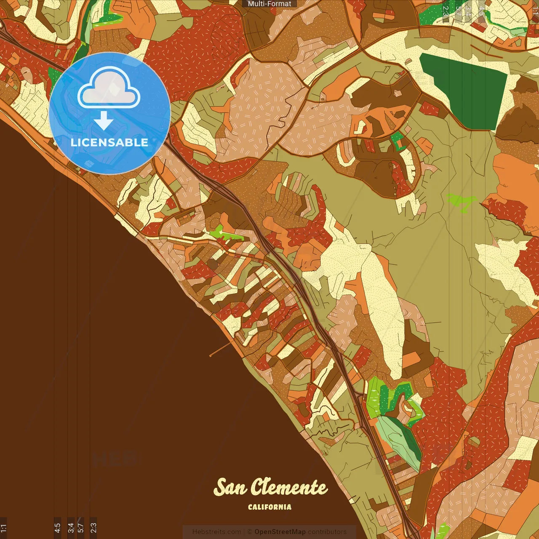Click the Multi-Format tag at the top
[x=269, y=4]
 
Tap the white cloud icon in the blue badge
[x=109, y=89]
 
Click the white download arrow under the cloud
[x=104, y=121]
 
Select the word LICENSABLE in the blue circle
[x=109, y=142]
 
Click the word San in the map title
[x=230, y=488]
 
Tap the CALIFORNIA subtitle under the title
[x=269, y=507]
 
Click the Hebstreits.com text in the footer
[x=216, y=532]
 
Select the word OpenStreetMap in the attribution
[x=280, y=532]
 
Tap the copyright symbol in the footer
[x=249, y=532]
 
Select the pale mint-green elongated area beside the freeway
[x=398, y=440]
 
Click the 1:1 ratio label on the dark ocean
[x=3, y=528]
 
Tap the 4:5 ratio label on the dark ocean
[x=57, y=528]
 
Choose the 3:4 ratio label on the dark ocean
[x=71, y=528]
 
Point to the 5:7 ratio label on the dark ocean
[x=80, y=528]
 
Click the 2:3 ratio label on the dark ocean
[x=93, y=528]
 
